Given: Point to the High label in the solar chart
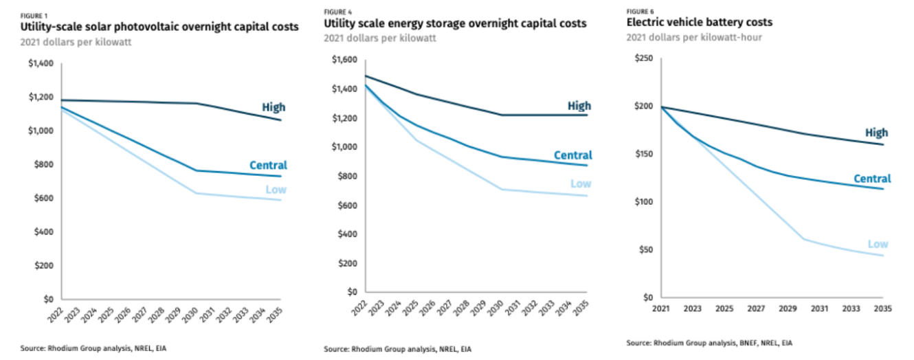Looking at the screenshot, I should click(274, 107).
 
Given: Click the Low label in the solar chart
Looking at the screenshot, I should click(276, 189).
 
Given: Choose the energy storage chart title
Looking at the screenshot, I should click(455, 23).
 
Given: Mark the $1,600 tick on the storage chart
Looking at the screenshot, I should click(344, 60).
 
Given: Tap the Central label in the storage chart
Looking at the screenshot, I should click(572, 155).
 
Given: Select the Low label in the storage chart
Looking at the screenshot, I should click(581, 183).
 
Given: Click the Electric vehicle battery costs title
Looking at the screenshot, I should click(699, 23).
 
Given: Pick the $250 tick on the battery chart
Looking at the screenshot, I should click(643, 58).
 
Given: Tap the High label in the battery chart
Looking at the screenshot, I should click(876, 133).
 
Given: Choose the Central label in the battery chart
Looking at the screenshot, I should click(872, 179).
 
